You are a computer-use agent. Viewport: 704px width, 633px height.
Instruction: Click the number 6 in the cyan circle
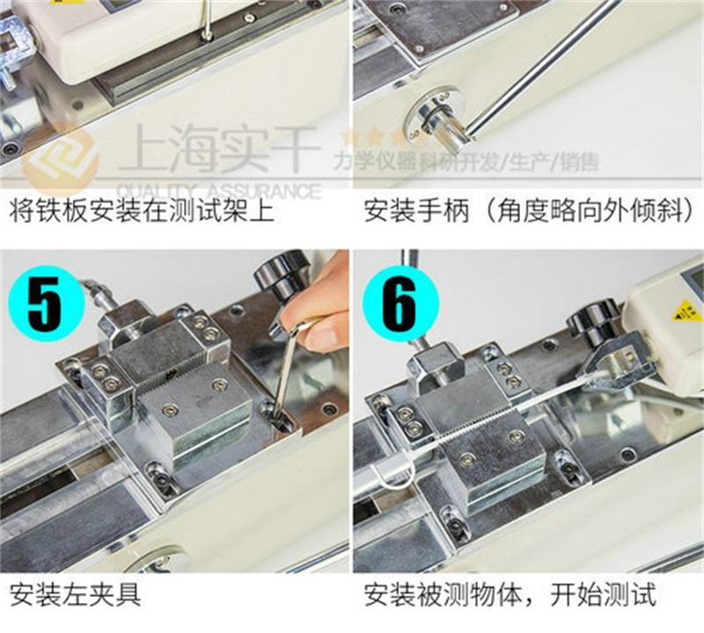click(399, 303)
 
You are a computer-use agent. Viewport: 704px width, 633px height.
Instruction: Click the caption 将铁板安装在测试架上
click(142, 212)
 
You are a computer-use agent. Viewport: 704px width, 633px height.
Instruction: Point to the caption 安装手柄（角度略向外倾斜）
click(528, 212)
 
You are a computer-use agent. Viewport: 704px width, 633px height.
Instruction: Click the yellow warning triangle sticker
click(686, 310)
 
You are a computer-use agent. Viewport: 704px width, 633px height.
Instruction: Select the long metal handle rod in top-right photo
click(541, 62)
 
